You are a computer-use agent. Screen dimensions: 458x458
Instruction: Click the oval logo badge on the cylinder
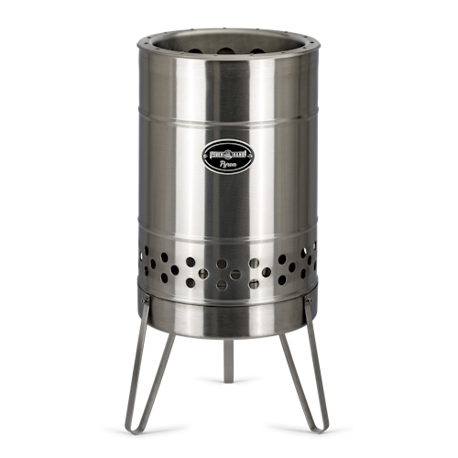(228, 154)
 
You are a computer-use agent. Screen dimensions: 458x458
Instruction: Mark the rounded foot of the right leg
(323, 427)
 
